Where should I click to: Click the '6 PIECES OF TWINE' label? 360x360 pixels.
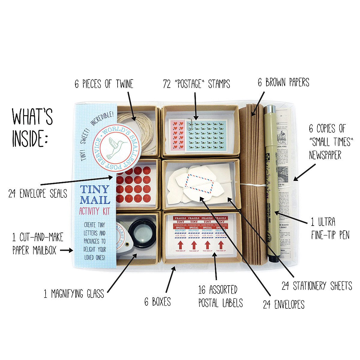click(103, 84)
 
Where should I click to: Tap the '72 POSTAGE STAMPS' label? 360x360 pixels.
click(196, 84)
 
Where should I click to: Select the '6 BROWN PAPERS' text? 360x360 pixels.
click(283, 82)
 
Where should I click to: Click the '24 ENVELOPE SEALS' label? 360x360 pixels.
click(37, 193)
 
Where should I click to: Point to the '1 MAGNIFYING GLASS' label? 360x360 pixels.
click(74, 293)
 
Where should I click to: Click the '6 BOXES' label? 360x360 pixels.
click(157, 301)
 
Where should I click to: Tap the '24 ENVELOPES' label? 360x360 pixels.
click(283, 304)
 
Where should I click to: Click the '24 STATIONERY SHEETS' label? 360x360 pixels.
click(316, 286)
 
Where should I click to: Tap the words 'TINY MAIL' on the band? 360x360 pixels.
click(94, 195)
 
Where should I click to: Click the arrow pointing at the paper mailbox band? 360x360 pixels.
click(66, 250)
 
